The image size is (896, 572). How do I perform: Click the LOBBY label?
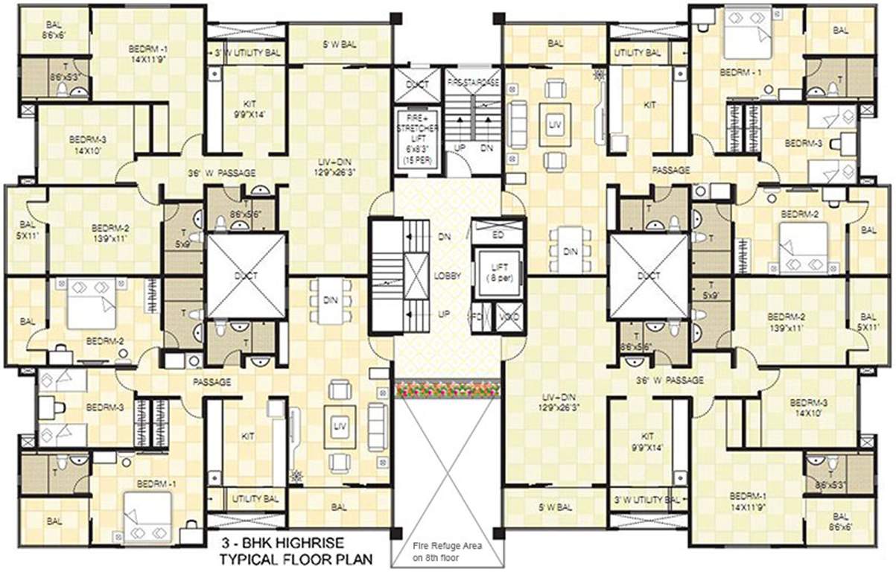tap(448, 276)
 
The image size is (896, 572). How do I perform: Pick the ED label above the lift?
tap(498, 234)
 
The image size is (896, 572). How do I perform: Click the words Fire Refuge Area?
tap(447, 546)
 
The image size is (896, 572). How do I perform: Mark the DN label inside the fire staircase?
tap(486, 148)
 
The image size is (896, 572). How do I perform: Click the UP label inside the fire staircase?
tap(460, 148)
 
